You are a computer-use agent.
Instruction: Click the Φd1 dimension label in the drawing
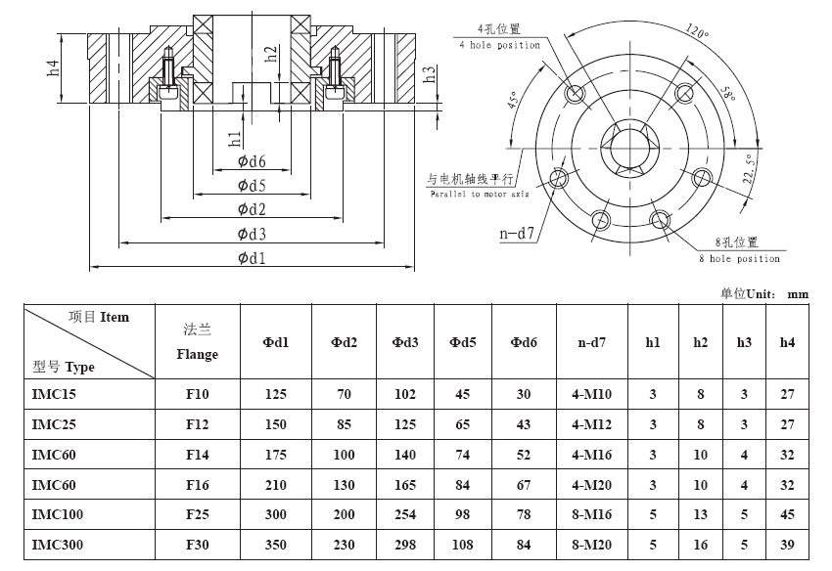click(252, 258)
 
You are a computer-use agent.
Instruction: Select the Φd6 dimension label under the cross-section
click(252, 161)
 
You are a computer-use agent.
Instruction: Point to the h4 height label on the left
click(53, 67)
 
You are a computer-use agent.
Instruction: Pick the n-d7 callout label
click(516, 234)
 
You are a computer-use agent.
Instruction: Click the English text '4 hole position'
click(499, 46)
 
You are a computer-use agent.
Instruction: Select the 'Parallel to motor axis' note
click(480, 194)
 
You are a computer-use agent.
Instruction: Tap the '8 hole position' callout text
click(739, 259)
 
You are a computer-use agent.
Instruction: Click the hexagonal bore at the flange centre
click(629, 148)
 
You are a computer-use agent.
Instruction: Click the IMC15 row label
click(54, 394)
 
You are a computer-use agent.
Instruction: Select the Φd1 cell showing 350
click(275, 545)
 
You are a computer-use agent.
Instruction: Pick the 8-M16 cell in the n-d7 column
click(591, 514)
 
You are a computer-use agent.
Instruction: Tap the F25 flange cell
click(198, 514)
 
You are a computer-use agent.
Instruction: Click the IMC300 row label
click(58, 545)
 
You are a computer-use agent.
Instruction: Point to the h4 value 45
click(787, 514)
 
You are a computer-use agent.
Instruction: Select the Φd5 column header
click(463, 342)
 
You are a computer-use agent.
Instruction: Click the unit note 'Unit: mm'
click(777, 293)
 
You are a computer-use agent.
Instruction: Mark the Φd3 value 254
click(405, 514)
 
